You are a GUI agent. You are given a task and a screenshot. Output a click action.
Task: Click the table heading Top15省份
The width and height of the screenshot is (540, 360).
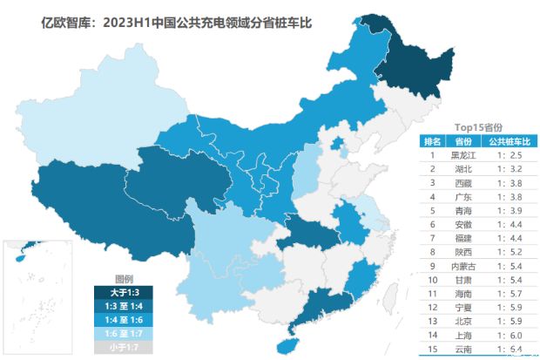point(479,126)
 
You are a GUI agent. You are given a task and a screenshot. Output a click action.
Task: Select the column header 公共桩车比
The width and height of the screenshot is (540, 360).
point(508,141)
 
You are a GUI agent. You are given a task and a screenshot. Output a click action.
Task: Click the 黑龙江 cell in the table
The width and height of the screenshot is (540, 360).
point(463,155)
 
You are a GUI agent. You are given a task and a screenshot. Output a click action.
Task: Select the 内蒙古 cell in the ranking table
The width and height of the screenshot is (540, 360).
point(463,264)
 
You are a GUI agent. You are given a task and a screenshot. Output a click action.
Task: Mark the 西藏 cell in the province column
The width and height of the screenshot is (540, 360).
point(463,183)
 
